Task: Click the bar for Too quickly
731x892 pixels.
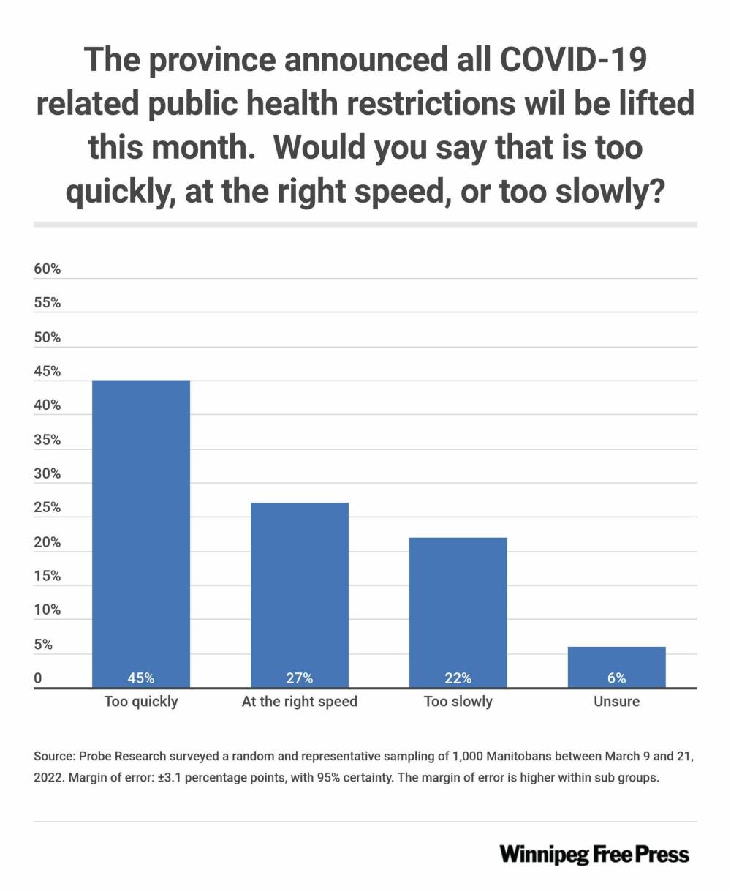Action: [141, 534]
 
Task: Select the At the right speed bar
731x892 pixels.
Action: [300, 596]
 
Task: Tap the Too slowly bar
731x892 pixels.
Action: [458, 613]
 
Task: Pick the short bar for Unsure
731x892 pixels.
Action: [616, 667]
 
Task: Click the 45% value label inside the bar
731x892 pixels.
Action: [141, 678]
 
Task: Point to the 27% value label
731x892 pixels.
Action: [300, 678]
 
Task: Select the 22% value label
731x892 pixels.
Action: [458, 678]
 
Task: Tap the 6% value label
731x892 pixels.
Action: [616, 678]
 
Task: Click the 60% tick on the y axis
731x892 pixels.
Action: [48, 269]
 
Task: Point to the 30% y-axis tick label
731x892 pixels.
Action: [48, 473]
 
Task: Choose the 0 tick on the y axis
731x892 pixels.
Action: [38, 678]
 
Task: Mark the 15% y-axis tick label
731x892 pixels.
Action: [48, 576]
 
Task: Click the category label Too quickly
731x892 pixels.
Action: [141, 702]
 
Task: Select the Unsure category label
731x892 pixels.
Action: [616, 701]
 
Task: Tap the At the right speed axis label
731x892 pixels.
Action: [300, 702]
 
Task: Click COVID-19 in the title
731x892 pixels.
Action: [573, 59]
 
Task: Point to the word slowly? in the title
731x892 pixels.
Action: [610, 192]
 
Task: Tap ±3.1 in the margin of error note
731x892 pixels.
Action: [170, 777]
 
